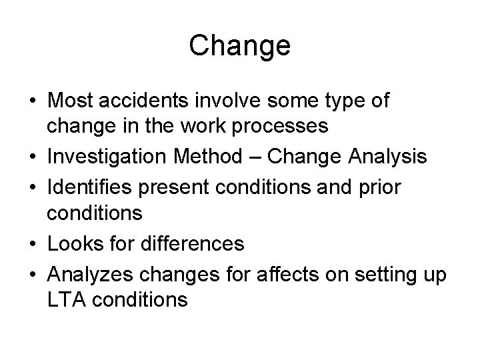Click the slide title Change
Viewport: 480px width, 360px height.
click(x=239, y=46)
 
